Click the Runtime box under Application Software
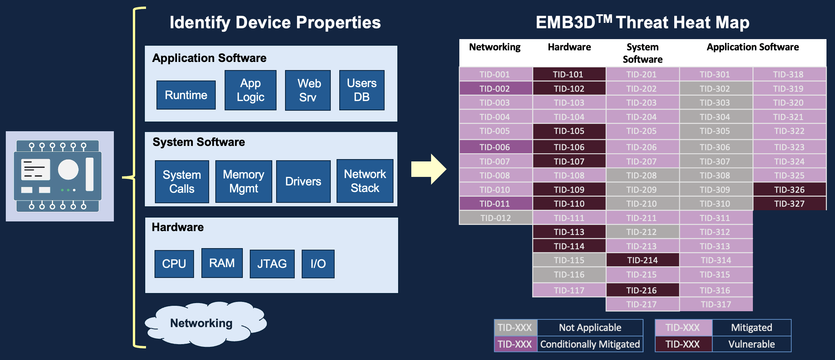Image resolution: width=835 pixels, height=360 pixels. [x=186, y=95]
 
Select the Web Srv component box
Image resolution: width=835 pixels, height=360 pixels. [x=308, y=90]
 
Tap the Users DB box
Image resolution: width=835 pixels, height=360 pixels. [x=362, y=90]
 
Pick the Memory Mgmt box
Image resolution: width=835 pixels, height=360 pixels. [x=244, y=182]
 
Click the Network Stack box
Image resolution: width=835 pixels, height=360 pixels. [x=365, y=181]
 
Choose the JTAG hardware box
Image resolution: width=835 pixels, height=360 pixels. [x=272, y=264]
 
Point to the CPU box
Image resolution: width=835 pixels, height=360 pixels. [x=174, y=264]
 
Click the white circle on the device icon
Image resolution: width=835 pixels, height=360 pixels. [x=68, y=170]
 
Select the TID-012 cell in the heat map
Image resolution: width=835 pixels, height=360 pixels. [x=495, y=218]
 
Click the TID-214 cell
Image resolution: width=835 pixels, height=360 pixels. [x=642, y=260]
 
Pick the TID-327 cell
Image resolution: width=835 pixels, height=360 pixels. [x=789, y=204]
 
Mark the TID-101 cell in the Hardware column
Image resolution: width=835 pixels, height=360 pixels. [x=569, y=74]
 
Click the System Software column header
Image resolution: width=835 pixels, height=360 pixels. [x=642, y=53]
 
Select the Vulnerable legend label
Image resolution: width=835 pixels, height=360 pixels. [x=751, y=344]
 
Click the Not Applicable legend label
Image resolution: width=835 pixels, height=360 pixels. [x=589, y=327]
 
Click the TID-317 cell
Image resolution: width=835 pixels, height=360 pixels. [x=715, y=304]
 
